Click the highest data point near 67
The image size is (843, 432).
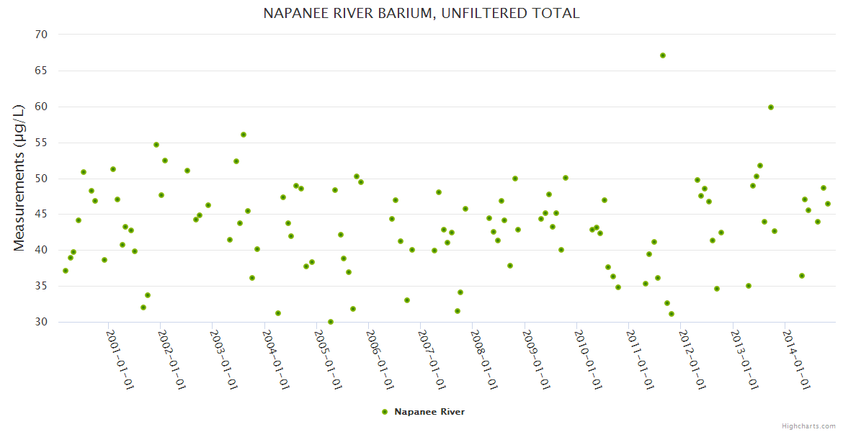point(663,55)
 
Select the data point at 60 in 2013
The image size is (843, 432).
point(771,107)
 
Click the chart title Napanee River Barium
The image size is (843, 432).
point(421,13)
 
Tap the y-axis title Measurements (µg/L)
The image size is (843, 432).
point(19,177)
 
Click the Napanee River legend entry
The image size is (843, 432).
point(429,412)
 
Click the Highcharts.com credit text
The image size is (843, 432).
point(808,426)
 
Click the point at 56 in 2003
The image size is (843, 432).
point(244,135)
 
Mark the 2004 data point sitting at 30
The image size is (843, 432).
point(331,322)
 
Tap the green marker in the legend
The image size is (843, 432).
point(385,412)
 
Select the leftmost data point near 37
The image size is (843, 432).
point(66,271)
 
